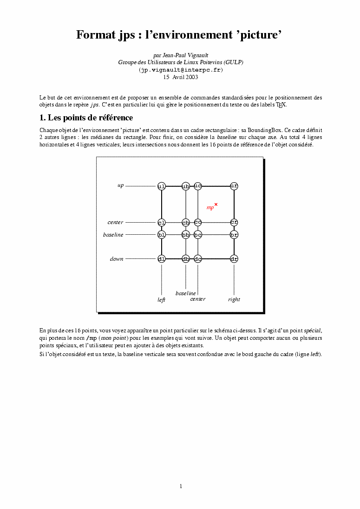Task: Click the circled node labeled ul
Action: (162, 186)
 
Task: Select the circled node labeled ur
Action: (234, 186)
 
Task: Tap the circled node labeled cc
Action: (198, 222)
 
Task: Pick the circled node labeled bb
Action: (186, 235)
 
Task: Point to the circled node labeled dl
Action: (162, 258)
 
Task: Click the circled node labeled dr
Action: (234, 258)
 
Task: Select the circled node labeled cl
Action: (162, 222)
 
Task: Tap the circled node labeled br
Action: (234, 235)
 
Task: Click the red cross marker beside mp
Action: (216, 204)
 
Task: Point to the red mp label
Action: (210, 208)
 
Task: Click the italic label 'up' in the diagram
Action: (120, 185)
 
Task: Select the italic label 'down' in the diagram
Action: (117, 259)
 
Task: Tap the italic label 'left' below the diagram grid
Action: (161, 300)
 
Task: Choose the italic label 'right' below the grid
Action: (234, 300)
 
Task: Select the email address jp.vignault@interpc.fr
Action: (181, 70)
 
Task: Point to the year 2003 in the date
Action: (191, 77)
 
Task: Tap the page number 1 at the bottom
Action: (181, 486)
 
